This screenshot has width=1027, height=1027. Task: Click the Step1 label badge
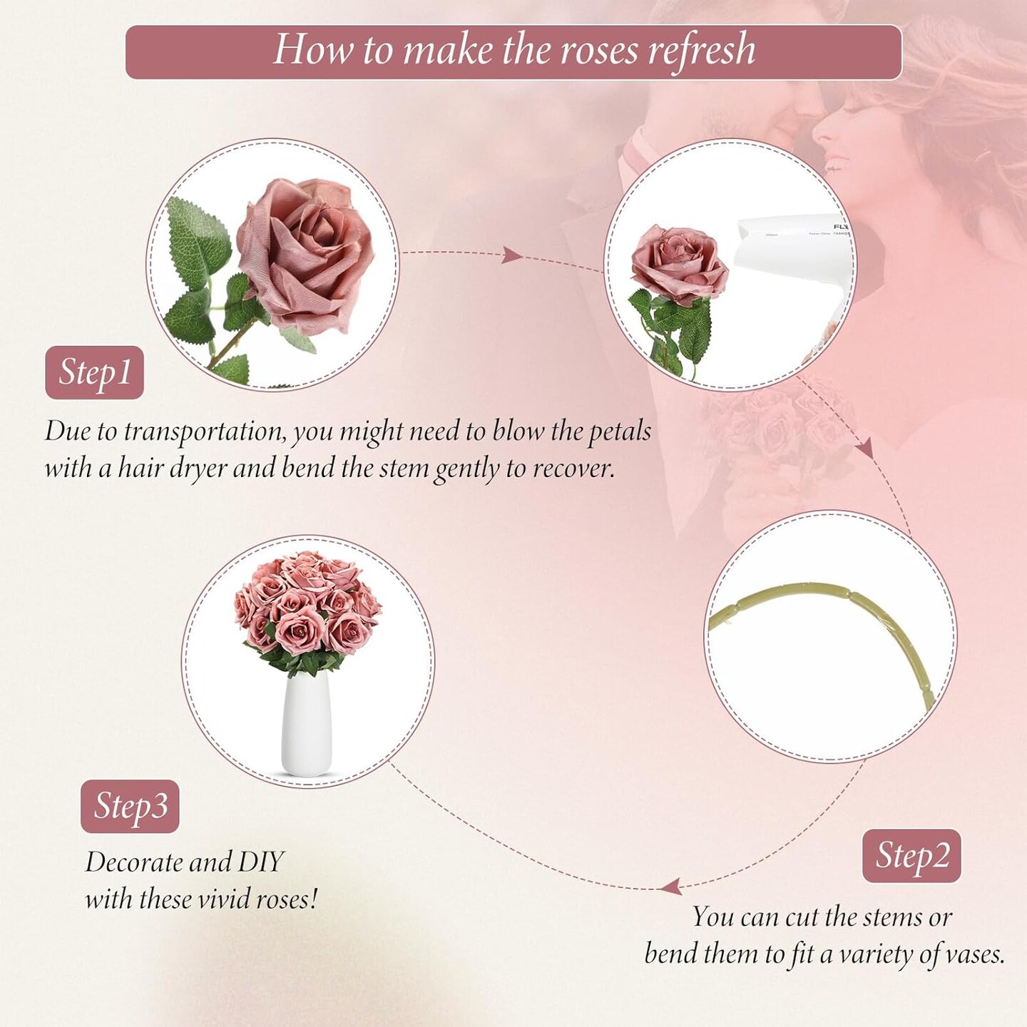94,372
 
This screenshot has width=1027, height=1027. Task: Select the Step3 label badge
130,806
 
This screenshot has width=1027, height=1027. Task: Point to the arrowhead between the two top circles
511,255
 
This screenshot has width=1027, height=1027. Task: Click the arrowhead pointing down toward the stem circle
866,448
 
